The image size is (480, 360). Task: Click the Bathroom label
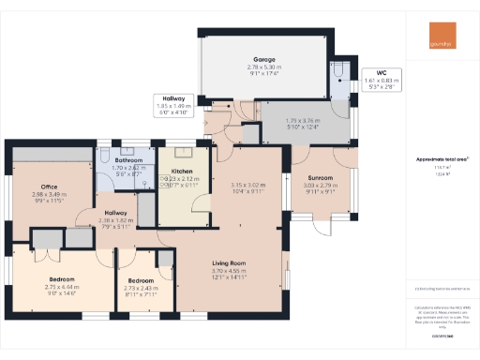tap(128, 160)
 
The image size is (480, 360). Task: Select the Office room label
tap(49, 187)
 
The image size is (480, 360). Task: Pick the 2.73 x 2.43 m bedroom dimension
tap(141, 288)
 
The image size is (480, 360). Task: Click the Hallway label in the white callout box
tap(172, 98)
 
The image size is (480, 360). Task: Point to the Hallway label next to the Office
tap(115, 213)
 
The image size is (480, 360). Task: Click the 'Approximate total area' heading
tap(442, 159)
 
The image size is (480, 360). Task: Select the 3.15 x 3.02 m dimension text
tap(249, 186)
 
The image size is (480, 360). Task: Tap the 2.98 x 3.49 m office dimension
tap(49, 195)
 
